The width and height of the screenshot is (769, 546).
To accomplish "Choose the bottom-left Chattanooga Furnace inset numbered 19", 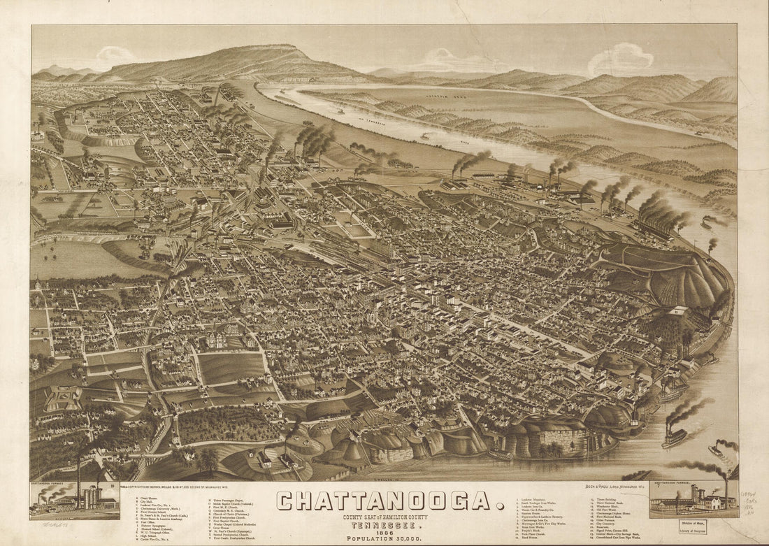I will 74,501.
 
